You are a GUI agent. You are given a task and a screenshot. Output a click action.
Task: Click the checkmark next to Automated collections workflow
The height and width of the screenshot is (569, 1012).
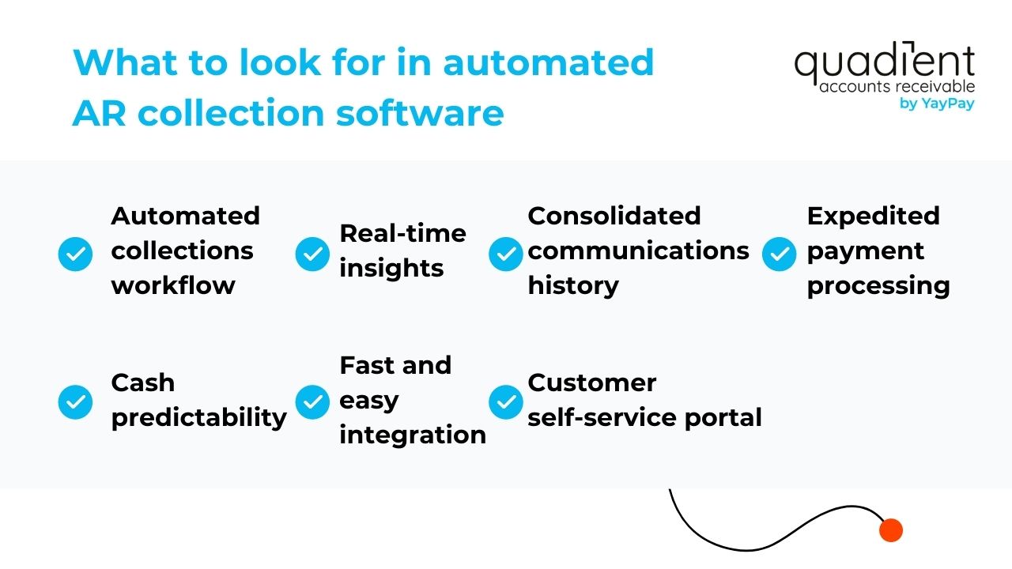tap(76, 254)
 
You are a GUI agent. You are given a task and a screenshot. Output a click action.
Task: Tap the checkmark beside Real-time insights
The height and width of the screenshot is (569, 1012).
tap(312, 254)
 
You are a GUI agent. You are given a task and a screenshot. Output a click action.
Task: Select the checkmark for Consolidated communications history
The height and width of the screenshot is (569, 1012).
tap(506, 254)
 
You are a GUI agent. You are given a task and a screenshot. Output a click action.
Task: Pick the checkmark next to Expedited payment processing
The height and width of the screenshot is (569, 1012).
tap(780, 254)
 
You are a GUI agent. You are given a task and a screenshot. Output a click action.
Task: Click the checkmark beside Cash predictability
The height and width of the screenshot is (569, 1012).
tap(76, 402)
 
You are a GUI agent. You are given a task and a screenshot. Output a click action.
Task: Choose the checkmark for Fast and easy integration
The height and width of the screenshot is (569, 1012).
tap(312, 402)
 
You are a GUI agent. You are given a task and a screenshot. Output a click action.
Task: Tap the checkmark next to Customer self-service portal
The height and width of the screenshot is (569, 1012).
tap(506, 402)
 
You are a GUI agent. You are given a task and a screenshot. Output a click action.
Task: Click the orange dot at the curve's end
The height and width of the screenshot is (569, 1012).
tap(891, 530)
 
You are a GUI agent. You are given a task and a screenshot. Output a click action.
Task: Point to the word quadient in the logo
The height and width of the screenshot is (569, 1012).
tap(884, 64)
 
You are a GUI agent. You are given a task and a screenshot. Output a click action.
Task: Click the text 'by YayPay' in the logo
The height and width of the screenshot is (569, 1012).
tap(937, 104)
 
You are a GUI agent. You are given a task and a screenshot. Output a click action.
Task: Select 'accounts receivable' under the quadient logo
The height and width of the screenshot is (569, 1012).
tap(897, 86)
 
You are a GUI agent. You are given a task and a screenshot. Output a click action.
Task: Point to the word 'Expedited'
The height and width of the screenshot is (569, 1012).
tap(873, 216)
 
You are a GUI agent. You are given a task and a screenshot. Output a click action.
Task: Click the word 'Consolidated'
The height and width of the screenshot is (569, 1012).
tap(614, 216)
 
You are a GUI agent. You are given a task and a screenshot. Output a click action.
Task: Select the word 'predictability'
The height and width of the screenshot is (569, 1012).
tap(198, 418)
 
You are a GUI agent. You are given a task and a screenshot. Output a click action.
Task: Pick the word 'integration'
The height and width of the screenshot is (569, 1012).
tap(413, 435)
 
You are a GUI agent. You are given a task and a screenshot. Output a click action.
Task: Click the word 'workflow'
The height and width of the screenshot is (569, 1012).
tap(173, 284)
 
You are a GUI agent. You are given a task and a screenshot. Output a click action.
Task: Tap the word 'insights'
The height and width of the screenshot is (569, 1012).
tap(391, 269)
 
